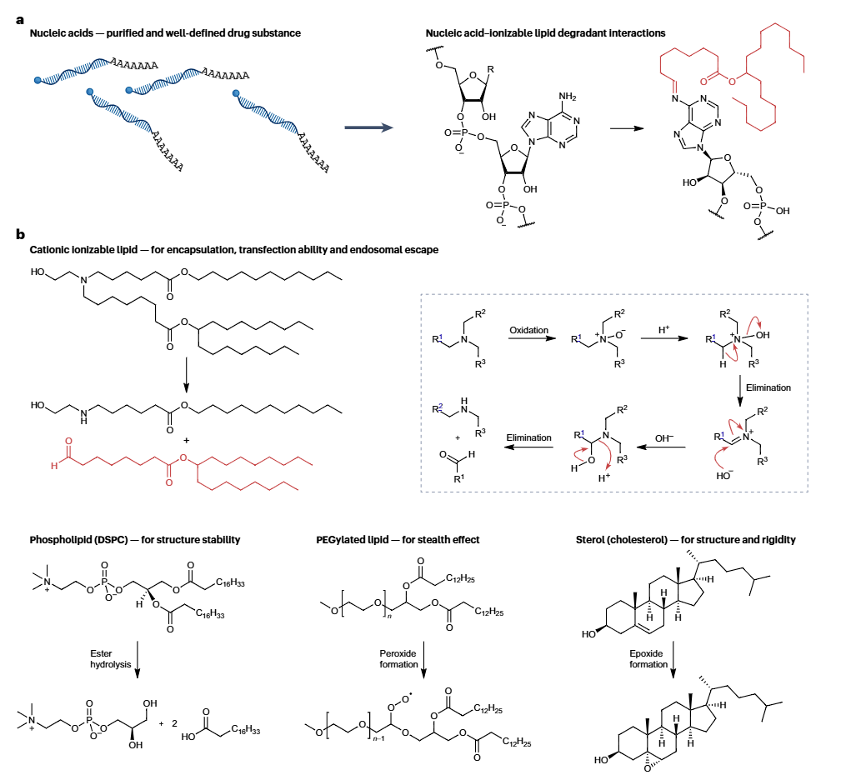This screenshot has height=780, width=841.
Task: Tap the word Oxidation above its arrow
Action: point(528,330)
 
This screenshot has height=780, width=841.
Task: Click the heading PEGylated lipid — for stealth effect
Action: point(399,540)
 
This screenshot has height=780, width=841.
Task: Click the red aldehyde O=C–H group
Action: point(63,455)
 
